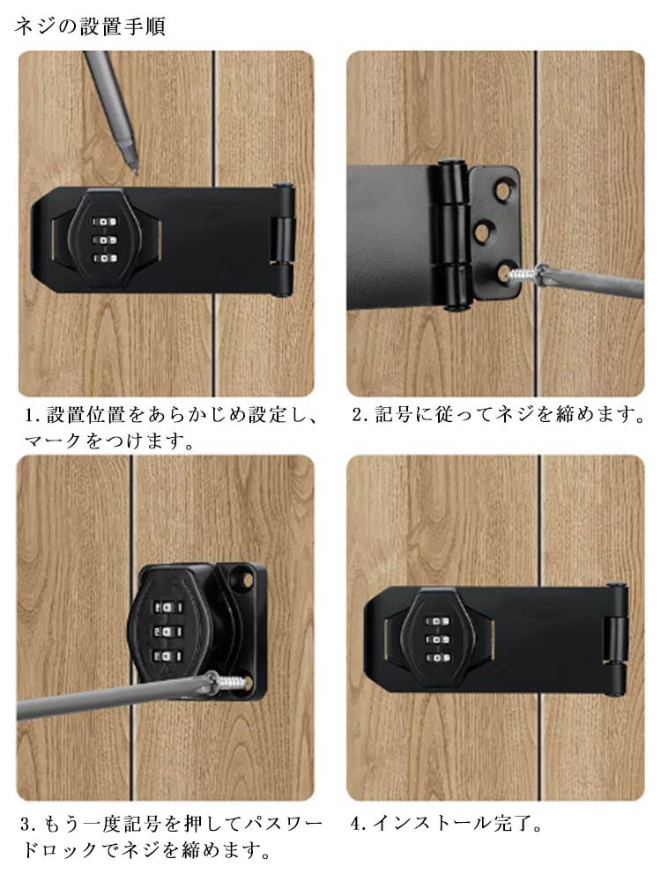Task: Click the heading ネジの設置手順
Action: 90,26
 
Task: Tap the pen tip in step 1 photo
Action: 134,168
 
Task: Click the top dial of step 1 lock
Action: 105,223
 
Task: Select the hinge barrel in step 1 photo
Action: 284,240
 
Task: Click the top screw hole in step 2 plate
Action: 501,190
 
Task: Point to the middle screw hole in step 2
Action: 485,232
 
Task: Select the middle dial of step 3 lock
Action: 167,632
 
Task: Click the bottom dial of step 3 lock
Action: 167,656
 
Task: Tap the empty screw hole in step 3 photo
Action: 244,574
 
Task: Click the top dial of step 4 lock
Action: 437,622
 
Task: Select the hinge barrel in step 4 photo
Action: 617,640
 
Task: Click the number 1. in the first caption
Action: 33,415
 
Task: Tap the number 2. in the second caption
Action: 360,415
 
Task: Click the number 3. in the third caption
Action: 29,825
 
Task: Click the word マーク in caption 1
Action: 54,441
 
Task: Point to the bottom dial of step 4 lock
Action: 437,658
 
